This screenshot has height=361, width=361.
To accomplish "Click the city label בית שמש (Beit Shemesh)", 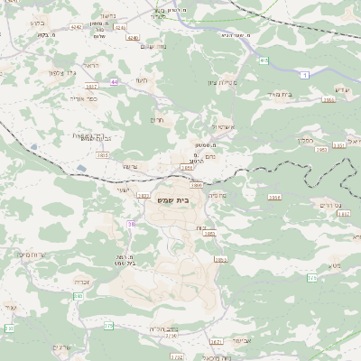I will click(184, 200).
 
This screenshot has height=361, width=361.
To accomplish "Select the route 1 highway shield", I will click(306, 74).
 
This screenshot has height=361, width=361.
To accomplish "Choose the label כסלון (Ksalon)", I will click(306, 141).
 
